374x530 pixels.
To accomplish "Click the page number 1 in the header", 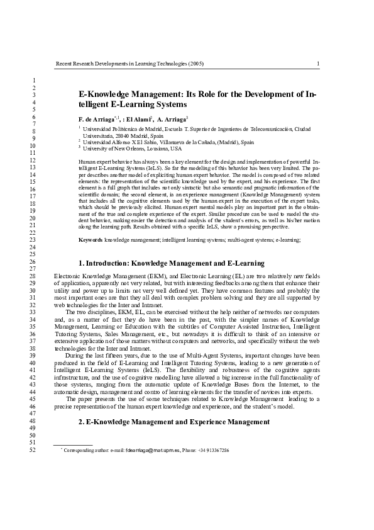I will [318, 64].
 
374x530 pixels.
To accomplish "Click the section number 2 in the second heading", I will [80, 421].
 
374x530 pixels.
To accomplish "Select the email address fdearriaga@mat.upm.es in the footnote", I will [153, 451].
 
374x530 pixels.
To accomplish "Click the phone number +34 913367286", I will [213, 451].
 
